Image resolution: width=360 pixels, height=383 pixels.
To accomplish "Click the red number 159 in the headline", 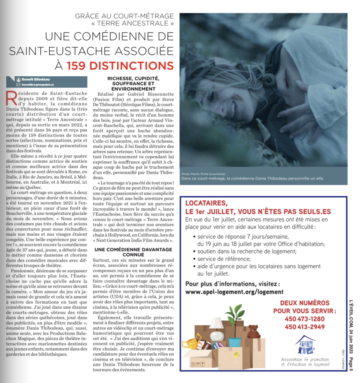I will tap(77, 66).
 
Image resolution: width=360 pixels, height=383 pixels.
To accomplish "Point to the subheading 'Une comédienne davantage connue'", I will tap(133, 252).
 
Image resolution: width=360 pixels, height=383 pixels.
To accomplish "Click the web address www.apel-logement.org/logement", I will tap(234, 291).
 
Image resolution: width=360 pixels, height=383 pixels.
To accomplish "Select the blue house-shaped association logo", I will tap(305, 345).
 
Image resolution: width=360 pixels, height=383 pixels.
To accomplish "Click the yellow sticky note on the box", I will tap(236, 354).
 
